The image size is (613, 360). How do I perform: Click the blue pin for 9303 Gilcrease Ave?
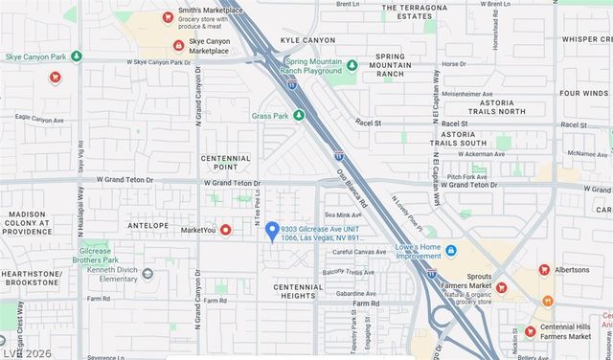point(272,231)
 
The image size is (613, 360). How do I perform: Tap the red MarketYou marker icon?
point(226,230)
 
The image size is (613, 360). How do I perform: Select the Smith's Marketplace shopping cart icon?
point(168,17)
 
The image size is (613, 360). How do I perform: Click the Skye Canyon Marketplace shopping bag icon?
point(177,45)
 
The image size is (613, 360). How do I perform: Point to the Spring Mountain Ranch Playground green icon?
point(352,66)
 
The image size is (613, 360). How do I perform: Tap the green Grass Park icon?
point(299,115)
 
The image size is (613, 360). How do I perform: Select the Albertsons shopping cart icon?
point(544,270)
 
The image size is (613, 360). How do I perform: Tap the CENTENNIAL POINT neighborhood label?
point(226,163)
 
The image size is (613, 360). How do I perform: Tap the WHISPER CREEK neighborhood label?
point(586,39)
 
